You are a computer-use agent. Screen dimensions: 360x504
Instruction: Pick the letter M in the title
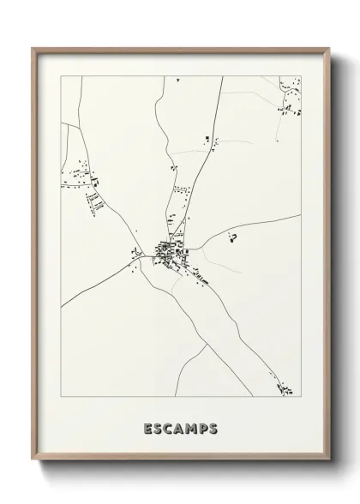tap(189, 429)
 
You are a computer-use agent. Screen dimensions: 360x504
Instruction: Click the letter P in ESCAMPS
tap(201, 429)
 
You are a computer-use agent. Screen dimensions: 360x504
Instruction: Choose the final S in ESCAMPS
tap(211, 429)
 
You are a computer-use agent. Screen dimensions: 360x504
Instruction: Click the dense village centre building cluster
tap(165, 250)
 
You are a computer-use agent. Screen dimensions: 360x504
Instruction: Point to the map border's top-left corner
tap(61, 76)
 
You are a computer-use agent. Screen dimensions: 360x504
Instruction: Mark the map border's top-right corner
tap(301, 76)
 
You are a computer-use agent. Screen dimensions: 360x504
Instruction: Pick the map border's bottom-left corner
tap(61, 397)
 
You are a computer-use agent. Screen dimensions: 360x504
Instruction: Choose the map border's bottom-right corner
tap(301, 397)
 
